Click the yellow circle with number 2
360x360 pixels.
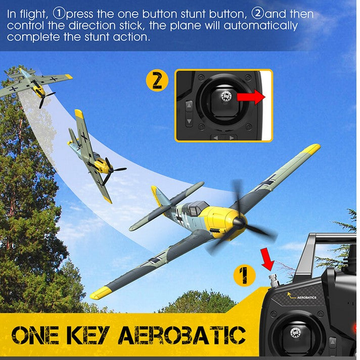click(157, 80)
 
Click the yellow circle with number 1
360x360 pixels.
click(245, 276)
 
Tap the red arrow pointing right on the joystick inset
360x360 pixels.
click(251, 97)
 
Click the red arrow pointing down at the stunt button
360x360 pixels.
click(267, 259)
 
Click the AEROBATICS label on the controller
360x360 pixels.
click(306, 297)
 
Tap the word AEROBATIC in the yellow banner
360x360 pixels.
click(182, 335)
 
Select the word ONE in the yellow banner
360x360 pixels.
click(35, 335)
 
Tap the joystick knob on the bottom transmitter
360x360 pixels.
click(295, 333)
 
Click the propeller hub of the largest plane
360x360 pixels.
click(239, 223)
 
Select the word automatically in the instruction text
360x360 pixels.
click(260, 26)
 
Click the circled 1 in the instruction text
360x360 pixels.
click(59, 13)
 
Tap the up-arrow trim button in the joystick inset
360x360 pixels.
click(189, 106)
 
